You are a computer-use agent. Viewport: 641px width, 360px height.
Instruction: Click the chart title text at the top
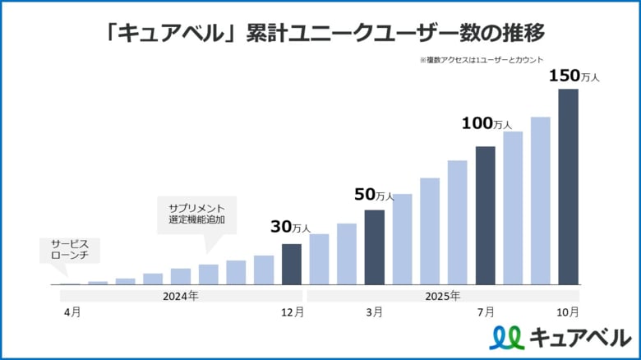pos(320,32)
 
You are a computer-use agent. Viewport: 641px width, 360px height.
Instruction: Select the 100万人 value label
pos(486,123)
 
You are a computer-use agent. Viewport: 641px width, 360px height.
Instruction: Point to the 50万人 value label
pos(374,195)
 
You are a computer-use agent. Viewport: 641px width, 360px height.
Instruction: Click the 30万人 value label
pos(290,227)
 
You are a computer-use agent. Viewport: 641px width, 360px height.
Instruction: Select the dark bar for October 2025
pos(568,187)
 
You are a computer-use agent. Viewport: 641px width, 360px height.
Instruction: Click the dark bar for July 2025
pos(485,215)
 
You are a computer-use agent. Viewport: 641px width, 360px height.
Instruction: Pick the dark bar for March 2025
pos(374,247)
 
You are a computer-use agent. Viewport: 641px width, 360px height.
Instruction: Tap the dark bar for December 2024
pos(291,264)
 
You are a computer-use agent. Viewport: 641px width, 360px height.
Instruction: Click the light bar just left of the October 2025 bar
pos(540,201)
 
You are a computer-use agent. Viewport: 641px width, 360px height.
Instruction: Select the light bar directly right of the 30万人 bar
pos(319,259)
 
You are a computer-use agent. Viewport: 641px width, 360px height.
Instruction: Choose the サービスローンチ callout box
pos(63,250)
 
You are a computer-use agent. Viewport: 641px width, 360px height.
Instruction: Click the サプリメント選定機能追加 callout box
pos(196,214)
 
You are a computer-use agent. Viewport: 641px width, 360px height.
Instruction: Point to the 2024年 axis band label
pos(181,295)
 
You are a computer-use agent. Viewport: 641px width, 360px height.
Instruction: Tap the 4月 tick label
pos(71,312)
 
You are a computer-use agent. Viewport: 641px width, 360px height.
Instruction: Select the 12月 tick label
pos(292,312)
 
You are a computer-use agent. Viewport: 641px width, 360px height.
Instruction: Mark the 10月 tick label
pos(568,312)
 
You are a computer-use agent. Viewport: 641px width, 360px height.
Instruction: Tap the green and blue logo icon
pos(505,337)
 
